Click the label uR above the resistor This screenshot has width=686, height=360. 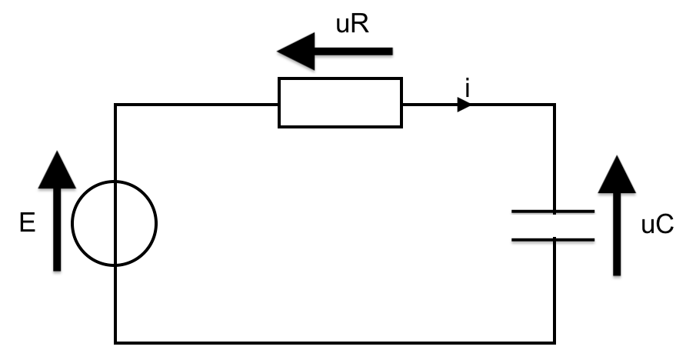coord(354,25)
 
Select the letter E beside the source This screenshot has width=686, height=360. coord(28,225)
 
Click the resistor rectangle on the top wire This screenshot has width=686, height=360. coord(340,102)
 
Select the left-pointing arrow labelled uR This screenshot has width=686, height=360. coord(335,52)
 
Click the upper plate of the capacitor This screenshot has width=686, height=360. coord(553,211)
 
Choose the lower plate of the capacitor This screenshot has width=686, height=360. coord(553,239)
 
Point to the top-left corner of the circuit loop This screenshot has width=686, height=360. coord(115,105)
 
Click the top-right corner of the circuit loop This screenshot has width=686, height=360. coord(554,105)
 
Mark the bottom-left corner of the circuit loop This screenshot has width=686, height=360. coord(115,342)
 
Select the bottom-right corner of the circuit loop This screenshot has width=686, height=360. coord(554,342)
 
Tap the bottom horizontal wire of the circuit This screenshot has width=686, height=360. coord(335,342)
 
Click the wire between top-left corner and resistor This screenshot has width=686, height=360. coord(196,105)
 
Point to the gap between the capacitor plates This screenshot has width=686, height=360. coord(553,225)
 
